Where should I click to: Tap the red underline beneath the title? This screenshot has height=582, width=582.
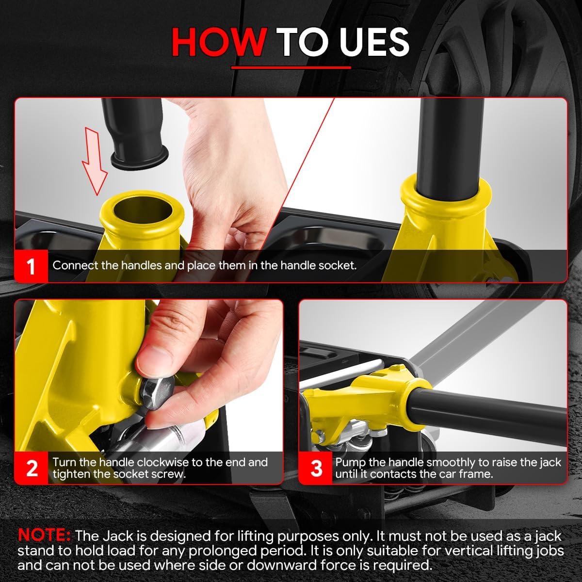(x=291, y=67)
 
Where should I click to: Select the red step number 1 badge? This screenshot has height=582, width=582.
(x=31, y=266)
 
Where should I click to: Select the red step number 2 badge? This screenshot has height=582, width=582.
(x=31, y=468)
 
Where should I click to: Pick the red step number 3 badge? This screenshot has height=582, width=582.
(x=316, y=468)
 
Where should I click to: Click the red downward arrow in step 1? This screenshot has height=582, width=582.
(x=94, y=161)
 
